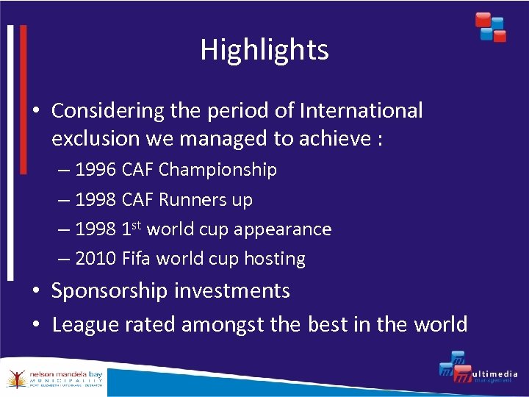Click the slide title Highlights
coord(264,50)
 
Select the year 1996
coord(96,170)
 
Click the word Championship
coord(217,170)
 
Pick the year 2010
coord(96,259)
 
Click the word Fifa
coord(136,259)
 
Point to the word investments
coord(242,291)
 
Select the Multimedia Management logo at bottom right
coord(478,371)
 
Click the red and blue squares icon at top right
coord(490,26)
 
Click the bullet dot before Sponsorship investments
coord(37,292)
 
